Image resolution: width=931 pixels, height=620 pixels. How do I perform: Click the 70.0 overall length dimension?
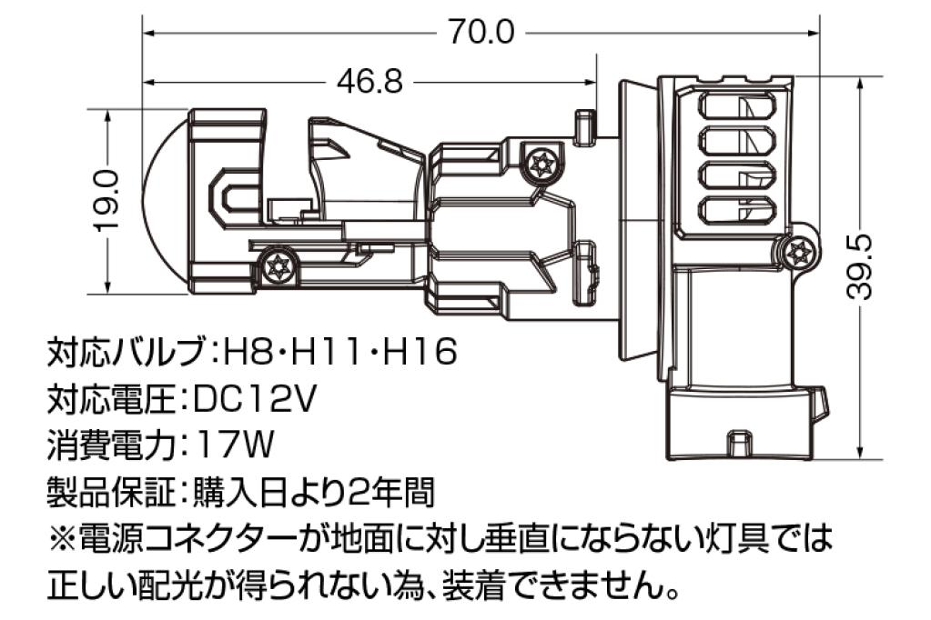click(x=481, y=32)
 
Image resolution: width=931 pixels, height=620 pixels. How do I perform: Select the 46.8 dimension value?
click(x=369, y=81)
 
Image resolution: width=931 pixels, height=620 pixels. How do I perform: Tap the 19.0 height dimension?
click(x=109, y=201)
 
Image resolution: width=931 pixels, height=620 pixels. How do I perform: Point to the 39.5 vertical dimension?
click(x=860, y=265)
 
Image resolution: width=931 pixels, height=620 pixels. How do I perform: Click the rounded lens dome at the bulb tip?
click(x=167, y=203)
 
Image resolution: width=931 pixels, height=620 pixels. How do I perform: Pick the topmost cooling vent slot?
click(x=737, y=107)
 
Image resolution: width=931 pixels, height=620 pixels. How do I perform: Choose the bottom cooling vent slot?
click(x=737, y=212)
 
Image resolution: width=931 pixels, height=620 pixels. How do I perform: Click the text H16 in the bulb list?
click(x=420, y=351)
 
